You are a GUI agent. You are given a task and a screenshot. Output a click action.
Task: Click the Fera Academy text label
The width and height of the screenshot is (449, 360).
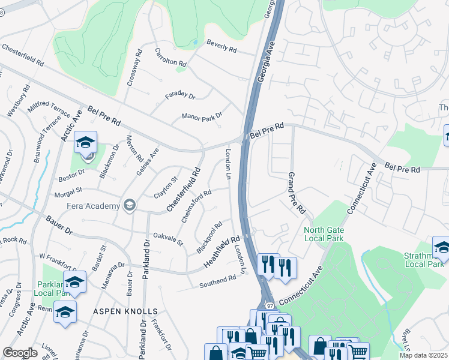(x=94, y=206)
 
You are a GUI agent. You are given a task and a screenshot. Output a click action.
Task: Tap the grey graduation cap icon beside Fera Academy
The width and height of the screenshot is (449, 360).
(x=128, y=206)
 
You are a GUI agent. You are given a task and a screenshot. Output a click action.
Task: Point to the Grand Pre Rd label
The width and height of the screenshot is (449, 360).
(x=297, y=194)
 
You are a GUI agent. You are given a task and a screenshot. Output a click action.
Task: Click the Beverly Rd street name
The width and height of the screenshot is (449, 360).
(x=221, y=46)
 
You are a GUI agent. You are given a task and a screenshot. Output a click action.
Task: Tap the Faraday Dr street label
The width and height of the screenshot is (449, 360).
(x=180, y=96)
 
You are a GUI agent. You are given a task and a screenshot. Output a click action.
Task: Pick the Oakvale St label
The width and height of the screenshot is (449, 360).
(x=168, y=238)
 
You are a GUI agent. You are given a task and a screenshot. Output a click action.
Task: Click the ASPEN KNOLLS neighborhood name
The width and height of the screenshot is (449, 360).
(x=125, y=311)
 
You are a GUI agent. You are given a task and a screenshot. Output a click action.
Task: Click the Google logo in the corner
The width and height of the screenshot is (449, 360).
(x=20, y=353)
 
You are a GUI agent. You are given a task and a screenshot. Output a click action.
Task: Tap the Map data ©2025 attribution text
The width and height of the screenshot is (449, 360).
(x=423, y=355)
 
